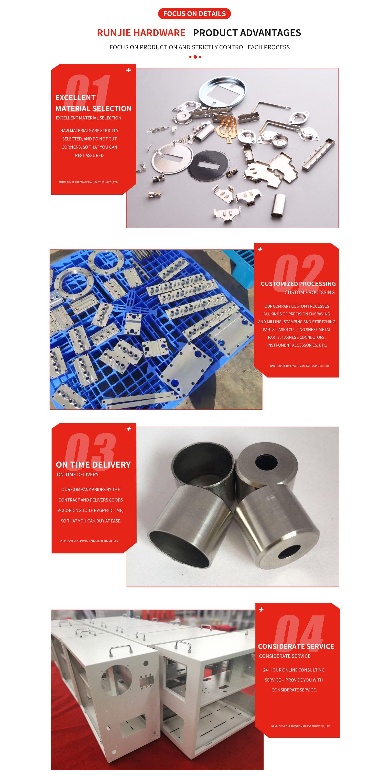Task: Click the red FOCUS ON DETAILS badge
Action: (x=194, y=14)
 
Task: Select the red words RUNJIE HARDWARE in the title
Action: (x=141, y=33)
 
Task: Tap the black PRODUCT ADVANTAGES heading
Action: (x=247, y=33)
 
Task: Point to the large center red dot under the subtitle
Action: (x=195, y=57)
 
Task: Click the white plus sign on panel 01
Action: (x=129, y=70)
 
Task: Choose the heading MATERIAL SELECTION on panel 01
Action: (x=93, y=109)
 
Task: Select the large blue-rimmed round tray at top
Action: (x=222, y=91)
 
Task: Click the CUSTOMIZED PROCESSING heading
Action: (x=298, y=284)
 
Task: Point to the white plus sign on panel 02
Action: (x=260, y=249)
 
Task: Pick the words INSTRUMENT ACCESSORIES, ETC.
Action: (x=297, y=345)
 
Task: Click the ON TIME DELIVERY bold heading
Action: (x=93, y=465)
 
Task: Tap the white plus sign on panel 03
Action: (x=129, y=429)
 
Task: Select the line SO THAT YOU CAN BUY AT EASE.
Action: (x=91, y=521)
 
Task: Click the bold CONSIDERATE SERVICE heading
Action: (x=296, y=647)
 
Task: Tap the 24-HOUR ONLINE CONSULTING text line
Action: (x=294, y=670)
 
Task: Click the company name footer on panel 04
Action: (x=300, y=726)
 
